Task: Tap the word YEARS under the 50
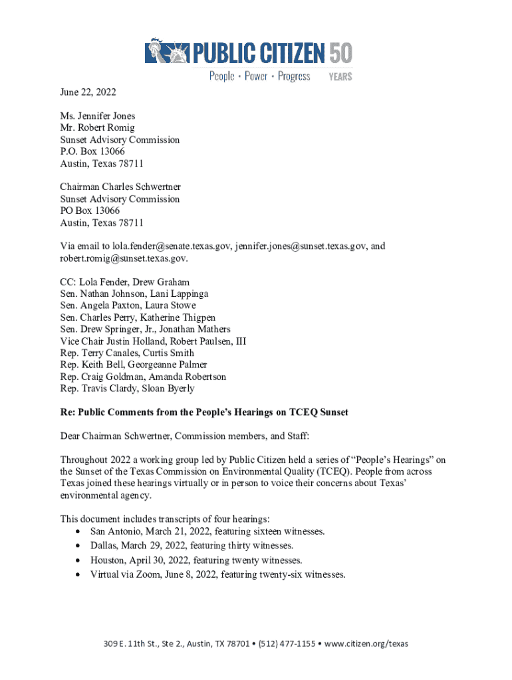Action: (340, 77)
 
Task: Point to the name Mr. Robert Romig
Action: (97, 128)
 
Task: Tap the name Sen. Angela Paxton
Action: (96, 306)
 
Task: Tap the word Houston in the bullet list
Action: (108, 560)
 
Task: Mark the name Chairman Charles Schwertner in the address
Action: (120, 187)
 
